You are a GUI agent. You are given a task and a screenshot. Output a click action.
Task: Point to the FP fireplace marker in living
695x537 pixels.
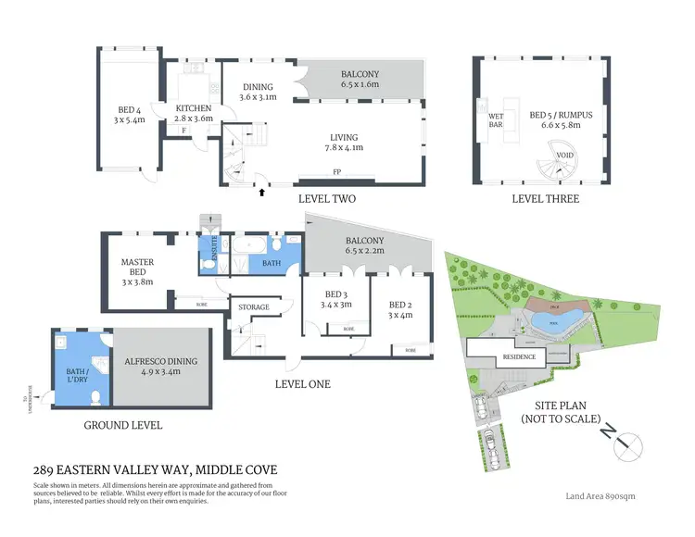click(336, 172)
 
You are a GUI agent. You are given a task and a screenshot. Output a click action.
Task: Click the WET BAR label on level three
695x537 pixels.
click(496, 119)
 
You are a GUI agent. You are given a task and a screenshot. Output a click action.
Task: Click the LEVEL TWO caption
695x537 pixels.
click(327, 199)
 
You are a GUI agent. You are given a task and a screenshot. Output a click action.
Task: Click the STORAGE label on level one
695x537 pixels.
click(254, 306)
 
